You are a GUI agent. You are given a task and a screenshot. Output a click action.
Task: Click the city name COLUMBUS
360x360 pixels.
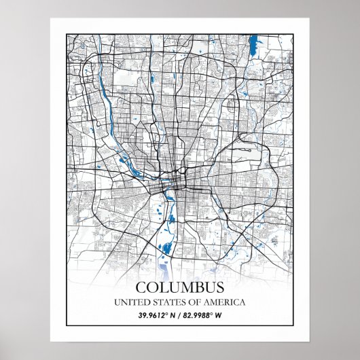pos(179,287)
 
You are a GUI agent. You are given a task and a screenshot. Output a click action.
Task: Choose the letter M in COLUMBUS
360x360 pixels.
pos(179,287)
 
